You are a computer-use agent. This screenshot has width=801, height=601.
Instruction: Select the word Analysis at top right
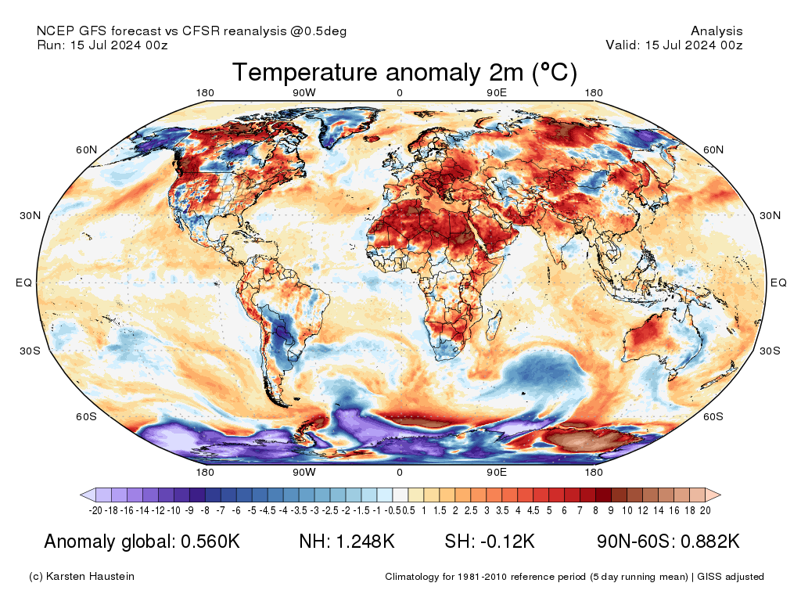point(717,31)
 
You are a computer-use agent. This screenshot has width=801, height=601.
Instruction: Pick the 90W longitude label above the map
point(304,93)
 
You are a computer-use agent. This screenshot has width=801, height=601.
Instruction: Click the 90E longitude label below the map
point(497,472)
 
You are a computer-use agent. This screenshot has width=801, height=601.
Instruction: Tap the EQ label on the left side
point(24,283)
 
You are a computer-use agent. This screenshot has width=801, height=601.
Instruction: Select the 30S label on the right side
point(771,350)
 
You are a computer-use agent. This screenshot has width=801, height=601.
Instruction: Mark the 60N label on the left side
point(86,149)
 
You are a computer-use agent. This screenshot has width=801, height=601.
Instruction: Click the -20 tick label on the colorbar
point(96,510)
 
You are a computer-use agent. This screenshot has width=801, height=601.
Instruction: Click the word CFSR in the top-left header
point(201,31)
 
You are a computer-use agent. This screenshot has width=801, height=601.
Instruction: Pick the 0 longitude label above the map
point(400,93)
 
